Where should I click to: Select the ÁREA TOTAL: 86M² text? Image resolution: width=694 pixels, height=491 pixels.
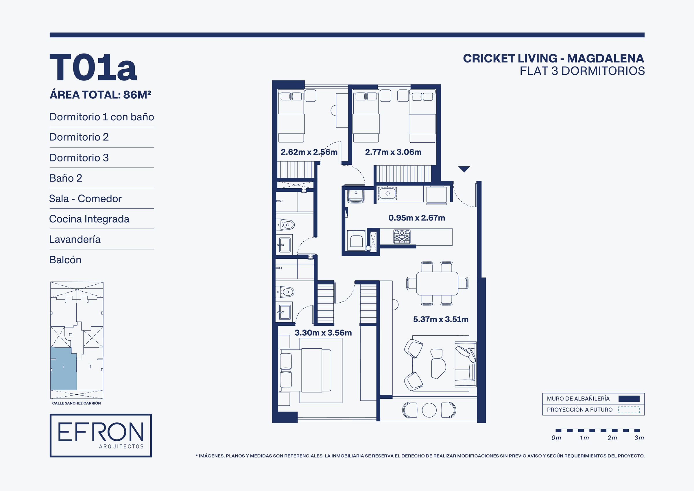pyautogui.click(x=100, y=95)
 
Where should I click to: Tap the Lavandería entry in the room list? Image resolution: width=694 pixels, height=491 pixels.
pyautogui.click(x=75, y=239)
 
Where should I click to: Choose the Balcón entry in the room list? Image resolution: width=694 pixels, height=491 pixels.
pyautogui.click(x=65, y=260)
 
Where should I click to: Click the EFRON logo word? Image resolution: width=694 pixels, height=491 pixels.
pyautogui.click(x=101, y=432)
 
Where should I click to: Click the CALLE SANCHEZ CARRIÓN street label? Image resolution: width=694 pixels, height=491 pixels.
pyautogui.click(x=76, y=403)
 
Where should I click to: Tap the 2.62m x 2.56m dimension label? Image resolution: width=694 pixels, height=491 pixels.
pyautogui.click(x=309, y=152)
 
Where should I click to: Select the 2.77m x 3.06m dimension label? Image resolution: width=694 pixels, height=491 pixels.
pyautogui.click(x=393, y=152)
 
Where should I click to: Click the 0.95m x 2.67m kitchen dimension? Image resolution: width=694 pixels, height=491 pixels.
pyautogui.click(x=416, y=218)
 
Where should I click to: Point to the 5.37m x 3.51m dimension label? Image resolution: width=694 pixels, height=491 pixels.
pyautogui.click(x=441, y=319)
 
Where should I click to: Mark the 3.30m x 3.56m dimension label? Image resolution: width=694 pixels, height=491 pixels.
pyautogui.click(x=323, y=333)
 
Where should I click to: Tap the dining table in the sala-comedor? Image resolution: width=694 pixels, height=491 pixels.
pyautogui.click(x=437, y=284)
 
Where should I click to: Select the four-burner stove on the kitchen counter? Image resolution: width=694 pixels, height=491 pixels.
pyautogui.click(x=402, y=237)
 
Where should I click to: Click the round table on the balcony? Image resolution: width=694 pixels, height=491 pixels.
pyautogui.click(x=429, y=410)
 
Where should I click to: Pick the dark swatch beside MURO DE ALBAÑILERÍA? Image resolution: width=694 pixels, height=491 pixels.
pyautogui.click(x=629, y=399)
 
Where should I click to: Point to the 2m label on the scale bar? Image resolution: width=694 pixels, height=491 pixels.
pyautogui.click(x=612, y=438)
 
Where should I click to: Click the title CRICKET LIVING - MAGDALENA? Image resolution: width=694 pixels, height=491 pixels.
pyautogui.click(x=553, y=58)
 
